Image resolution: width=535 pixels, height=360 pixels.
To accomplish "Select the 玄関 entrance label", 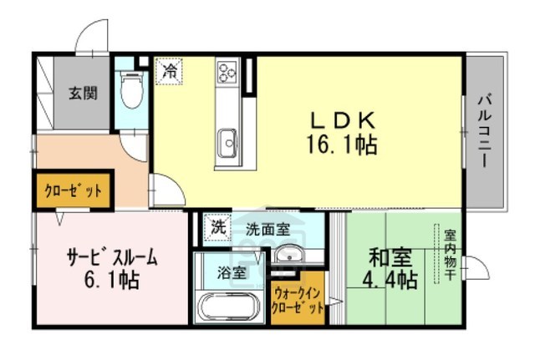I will coord(83,92).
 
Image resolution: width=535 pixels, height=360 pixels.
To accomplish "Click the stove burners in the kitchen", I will coord(228,71).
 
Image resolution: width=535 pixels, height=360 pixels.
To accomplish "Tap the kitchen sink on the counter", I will coord(227,143).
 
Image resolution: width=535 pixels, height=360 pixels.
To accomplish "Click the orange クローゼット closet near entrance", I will coord(73,190).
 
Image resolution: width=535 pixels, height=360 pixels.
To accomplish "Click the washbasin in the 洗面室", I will coord(289,256).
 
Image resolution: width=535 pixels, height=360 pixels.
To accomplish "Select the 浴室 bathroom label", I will coord(232,271).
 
